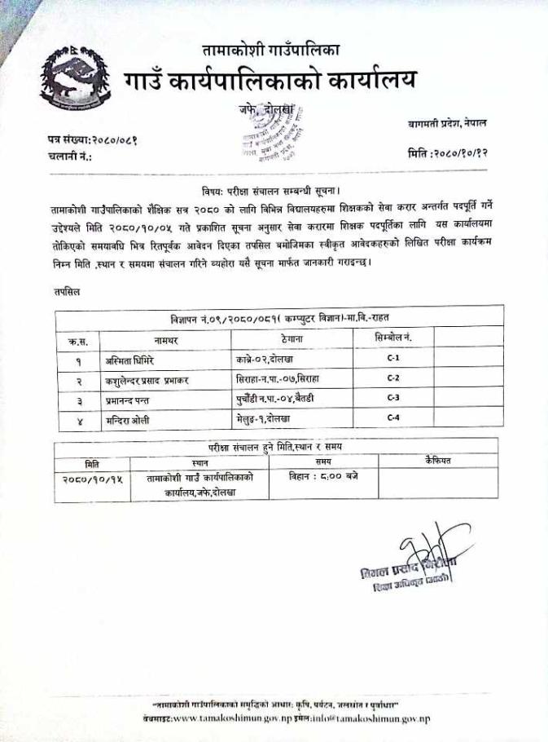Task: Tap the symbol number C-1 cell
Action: click(392, 358)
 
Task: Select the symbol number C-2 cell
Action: click(392, 378)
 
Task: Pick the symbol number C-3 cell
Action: click(392, 398)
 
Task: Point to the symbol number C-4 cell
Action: click(392, 417)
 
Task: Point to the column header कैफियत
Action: click(437, 462)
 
